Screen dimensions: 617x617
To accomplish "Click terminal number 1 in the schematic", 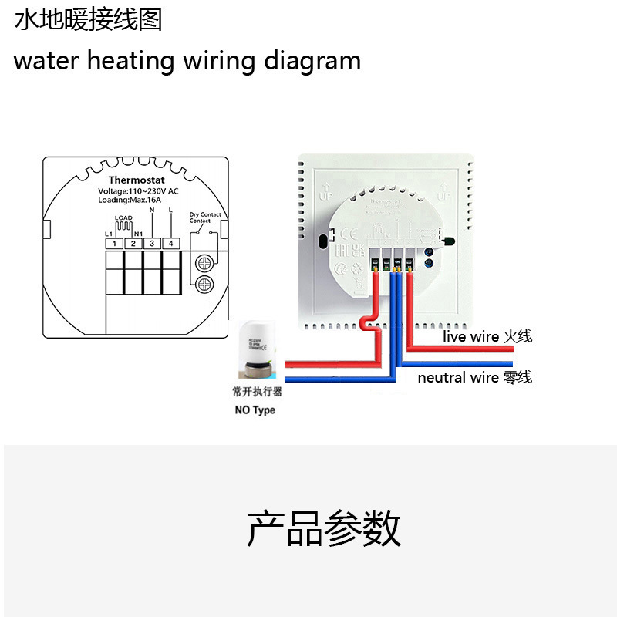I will [114, 244].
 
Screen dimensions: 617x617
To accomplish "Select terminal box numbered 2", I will [133, 244].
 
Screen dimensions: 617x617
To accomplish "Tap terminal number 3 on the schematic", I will [152, 244].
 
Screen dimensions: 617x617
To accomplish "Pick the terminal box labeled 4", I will [170, 244].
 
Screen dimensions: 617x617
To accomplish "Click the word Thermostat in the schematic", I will [137, 180].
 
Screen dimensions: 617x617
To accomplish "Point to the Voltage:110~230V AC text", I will [138, 190].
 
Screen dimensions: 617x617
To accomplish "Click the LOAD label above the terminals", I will [123, 218].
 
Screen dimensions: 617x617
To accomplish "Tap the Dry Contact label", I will [205, 215].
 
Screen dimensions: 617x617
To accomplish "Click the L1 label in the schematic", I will [109, 234].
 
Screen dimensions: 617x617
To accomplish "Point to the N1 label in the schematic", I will [138, 234].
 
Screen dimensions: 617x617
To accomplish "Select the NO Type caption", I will [255, 410].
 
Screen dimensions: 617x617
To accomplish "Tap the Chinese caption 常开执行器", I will [257, 392].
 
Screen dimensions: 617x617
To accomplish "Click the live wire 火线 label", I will [487, 336].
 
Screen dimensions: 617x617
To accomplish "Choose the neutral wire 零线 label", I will [474, 377].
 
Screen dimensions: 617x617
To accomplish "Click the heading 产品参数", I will [324, 529].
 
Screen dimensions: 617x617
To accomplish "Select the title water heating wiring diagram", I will [187, 60].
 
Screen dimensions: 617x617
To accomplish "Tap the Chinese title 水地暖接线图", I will [89, 20].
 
